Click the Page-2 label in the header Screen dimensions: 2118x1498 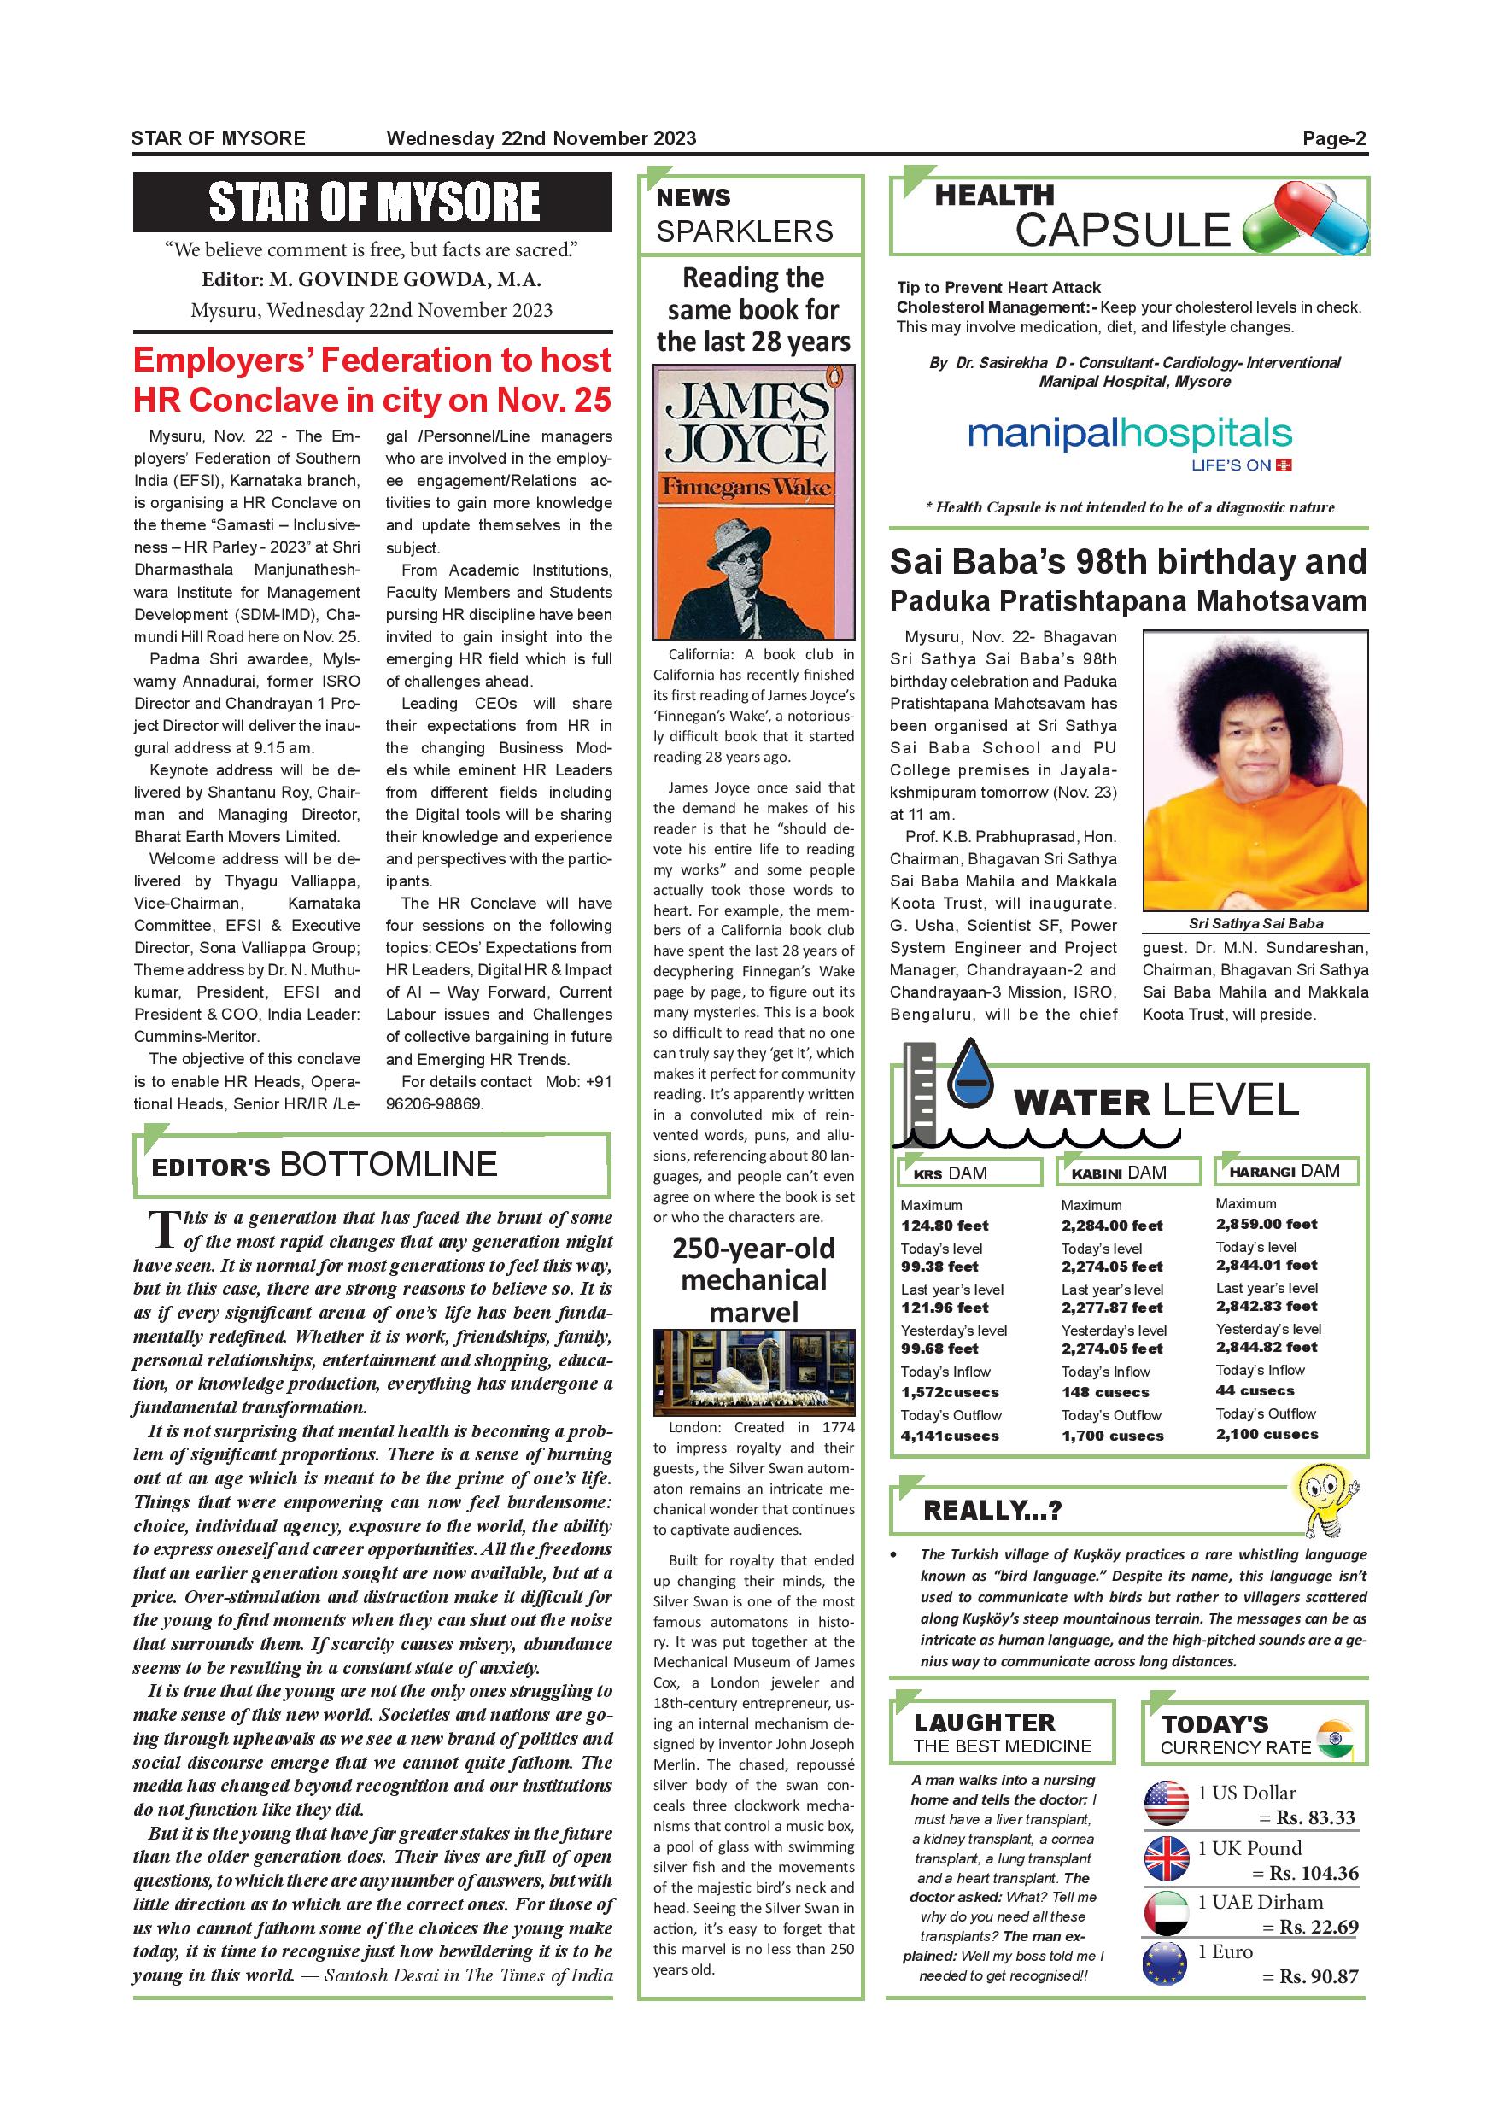click(x=1334, y=139)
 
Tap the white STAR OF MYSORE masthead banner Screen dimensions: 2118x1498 click(x=372, y=202)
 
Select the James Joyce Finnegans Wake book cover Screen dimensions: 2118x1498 click(x=753, y=502)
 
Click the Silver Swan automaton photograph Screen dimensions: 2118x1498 click(x=753, y=1372)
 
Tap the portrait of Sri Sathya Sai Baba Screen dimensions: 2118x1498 click(x=1255, y=770)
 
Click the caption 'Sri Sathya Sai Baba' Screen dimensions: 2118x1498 click(x=1255, y=923)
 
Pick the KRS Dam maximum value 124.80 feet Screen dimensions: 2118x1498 click(x=945, y=1226)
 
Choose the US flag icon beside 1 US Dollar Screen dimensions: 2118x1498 click(x=1167, y=1804)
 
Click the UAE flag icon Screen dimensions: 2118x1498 click(x=1167, y=1914)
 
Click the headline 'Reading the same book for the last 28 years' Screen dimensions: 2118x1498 click(x=753, y=310)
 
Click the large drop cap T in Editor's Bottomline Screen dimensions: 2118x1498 click(x=163, y=1229)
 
